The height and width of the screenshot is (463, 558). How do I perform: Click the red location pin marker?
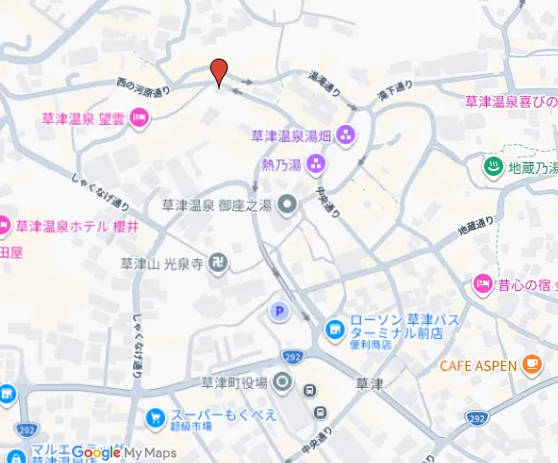pyautogui.click(x=219, y=71)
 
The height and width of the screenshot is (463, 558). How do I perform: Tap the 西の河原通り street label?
pyautogui.click(x=143, y=87)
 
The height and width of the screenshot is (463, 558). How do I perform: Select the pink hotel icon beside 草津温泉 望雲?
pyautogui.click(x=138, y=118)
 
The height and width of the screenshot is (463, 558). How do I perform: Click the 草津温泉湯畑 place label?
pyautogui.click(x=290, y=135)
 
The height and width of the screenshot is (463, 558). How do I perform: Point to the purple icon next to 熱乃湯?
pyautogui.click(x=315, y=165)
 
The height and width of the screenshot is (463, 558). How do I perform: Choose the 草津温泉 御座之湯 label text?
pyautogui.click(x=216, y=204)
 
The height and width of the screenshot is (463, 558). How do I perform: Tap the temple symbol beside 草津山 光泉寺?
pyautogui.click(x=219, y=263)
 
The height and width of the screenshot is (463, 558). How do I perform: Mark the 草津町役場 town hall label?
pyautogui.click(x=233, y=383)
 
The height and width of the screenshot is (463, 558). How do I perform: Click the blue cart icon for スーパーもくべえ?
pyautogui.click(x=154, y=419)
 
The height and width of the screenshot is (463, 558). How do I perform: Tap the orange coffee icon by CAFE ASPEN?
pyautogui.click(x=531, y=365)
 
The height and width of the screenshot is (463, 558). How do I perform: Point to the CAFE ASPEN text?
pyautogui.click(x=478, y=366)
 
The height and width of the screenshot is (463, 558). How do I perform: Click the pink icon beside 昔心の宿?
pyautogui.click(x=483, y=283)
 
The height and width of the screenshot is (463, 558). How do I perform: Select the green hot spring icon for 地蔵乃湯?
pyautogui.click(x=493, y=167)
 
